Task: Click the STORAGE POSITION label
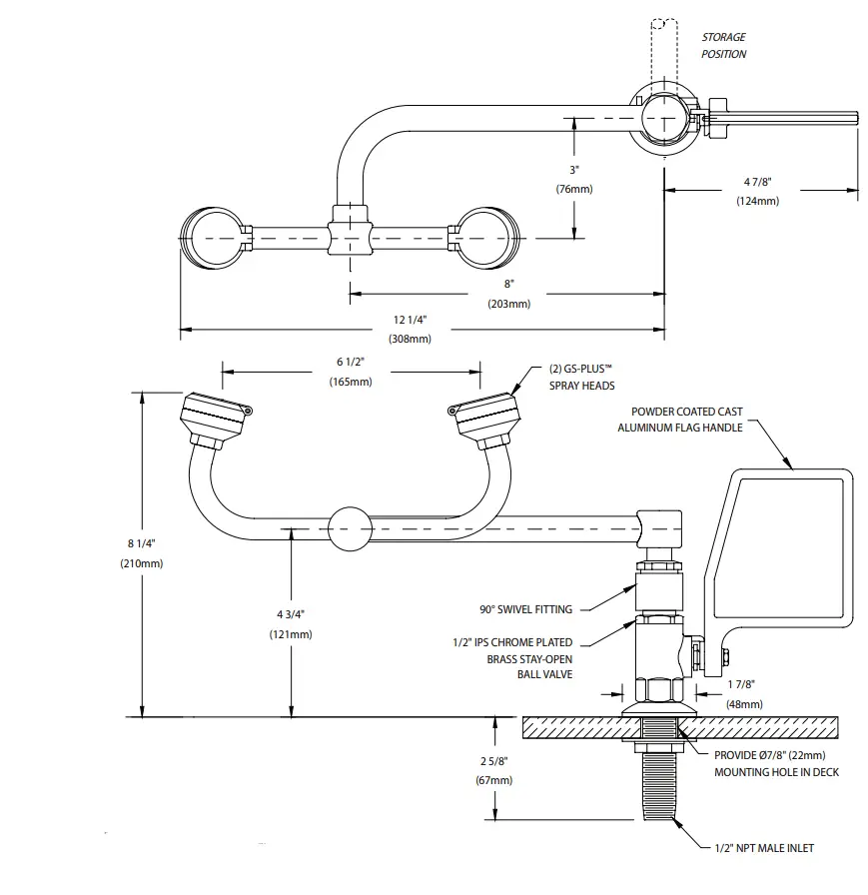click(723, 46)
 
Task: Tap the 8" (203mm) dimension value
click(509, 294)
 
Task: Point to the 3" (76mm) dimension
click(574, 179)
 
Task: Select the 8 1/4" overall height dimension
click(141, 553)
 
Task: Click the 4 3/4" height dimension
click(291, 624)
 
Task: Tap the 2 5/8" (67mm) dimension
click(495, 770)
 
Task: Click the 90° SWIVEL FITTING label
click(525, 608)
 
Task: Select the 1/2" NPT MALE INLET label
click(763, 848)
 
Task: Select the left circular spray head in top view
click(212, 238)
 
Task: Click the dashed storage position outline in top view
click(663, 50)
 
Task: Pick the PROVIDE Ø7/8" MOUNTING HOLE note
click(776, 763)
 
